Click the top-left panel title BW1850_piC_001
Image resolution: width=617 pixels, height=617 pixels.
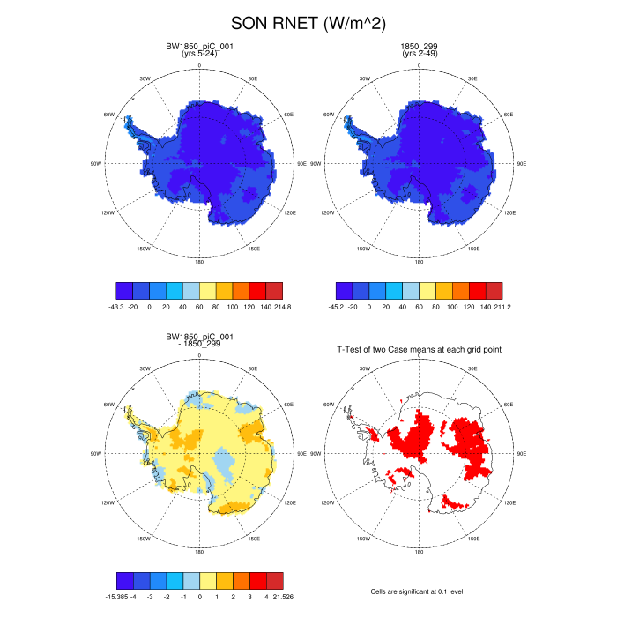click(x=200, y=46)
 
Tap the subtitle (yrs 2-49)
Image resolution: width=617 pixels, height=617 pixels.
click(x=420, y=55)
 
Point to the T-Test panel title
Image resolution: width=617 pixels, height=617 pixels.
click(x=420, y=350)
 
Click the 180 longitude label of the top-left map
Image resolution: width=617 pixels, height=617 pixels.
click(x=200, y=261)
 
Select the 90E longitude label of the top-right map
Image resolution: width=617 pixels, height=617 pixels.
click(x=522, y=163)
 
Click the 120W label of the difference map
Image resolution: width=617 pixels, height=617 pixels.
click(x=108, y=504)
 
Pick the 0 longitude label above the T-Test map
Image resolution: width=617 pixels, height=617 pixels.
click(x=420, y=357)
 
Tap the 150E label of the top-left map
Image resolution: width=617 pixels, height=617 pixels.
click(x=254, y=249)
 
